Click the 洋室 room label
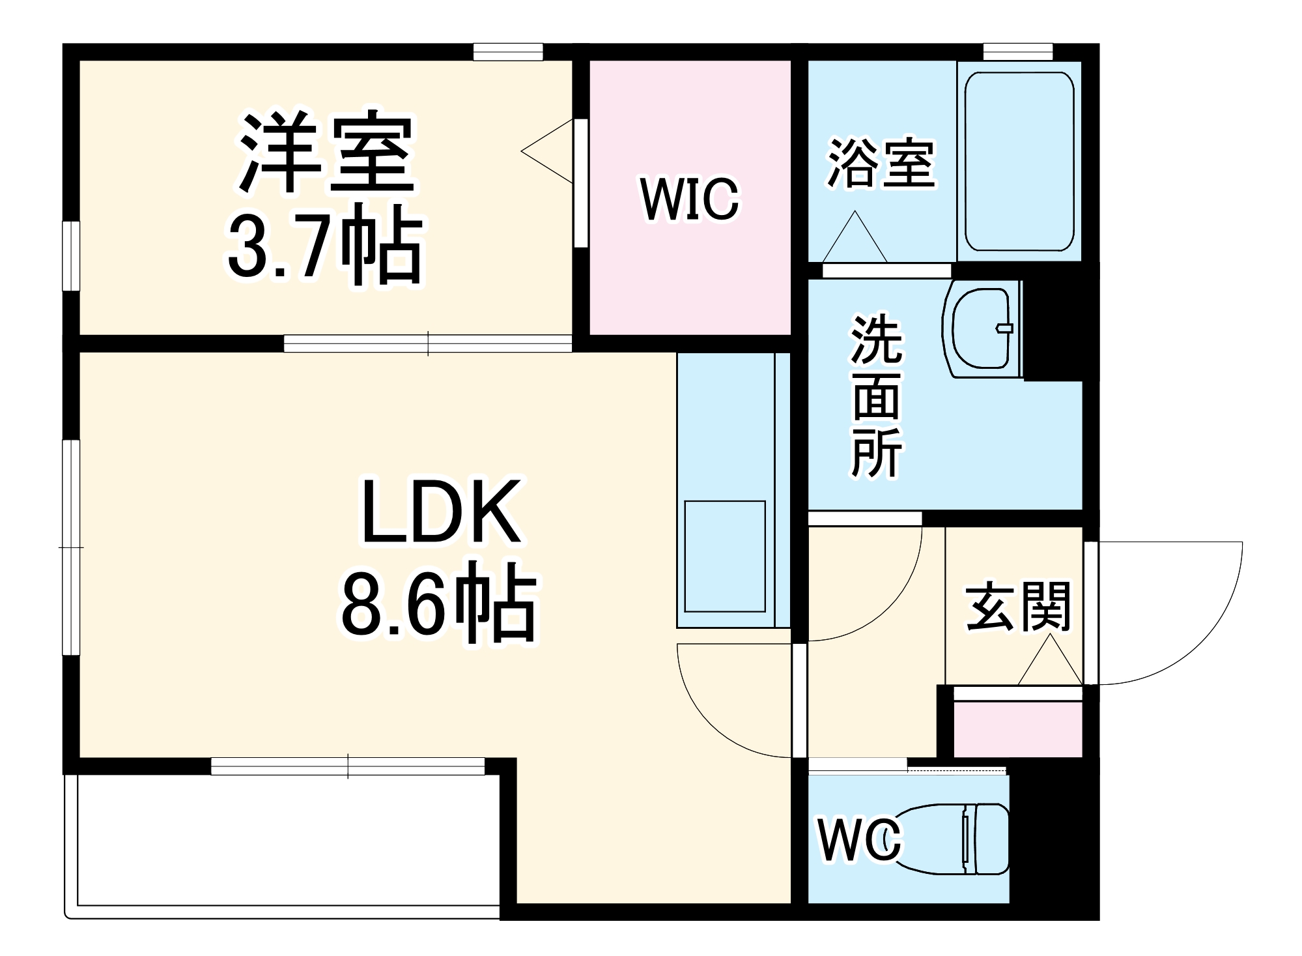tap(326, 155)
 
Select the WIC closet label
tap(690, 199)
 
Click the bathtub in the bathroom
tap(1019, 161)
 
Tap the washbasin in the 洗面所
tap(982, 328)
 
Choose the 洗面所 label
tap(877, 397)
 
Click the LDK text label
tap(441, 512)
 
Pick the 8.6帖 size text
tap(438, 603)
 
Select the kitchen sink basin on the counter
tap(724, 557)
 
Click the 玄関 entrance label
tap(1018, 607)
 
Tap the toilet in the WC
tap(955, 838)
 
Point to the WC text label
tap(860, 841)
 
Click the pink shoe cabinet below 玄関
tap(1017, 729)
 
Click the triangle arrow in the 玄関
tap(1049, 663)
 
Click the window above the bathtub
tap(1017, 51)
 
